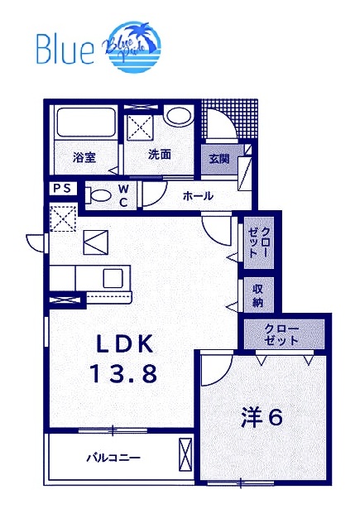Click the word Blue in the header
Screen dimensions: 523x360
pyautogui.click(x=65, y=50)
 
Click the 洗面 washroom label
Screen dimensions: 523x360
pyautogui.click(x=160, y=155)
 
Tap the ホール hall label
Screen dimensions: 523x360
pyautogui.click(x=199, y=196)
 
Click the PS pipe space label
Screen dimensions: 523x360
pyautogui.click(x=63, y=189)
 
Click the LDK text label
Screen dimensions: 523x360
pyautogui.click(x=123, y=343)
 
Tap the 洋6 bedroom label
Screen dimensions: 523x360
pyautogui.click(x=262, y=417)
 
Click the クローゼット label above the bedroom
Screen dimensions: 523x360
pyautogui.click(x=282, y=333)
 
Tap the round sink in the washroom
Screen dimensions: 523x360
pyautogui.click(x=176, y=116)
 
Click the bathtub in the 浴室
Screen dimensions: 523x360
pyautogui.click(x=87, y=125)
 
